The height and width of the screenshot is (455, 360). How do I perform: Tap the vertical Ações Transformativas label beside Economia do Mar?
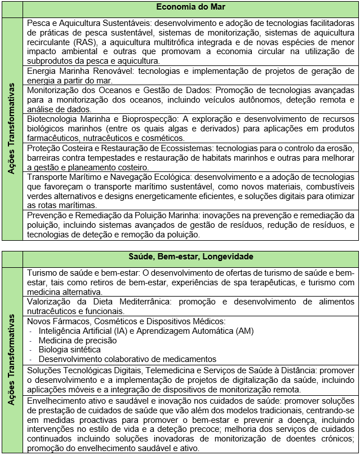pos(11,129)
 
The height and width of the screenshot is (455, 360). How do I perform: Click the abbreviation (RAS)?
pos(85,42)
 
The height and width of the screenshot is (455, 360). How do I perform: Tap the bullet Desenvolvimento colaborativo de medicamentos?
pos(127,359)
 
